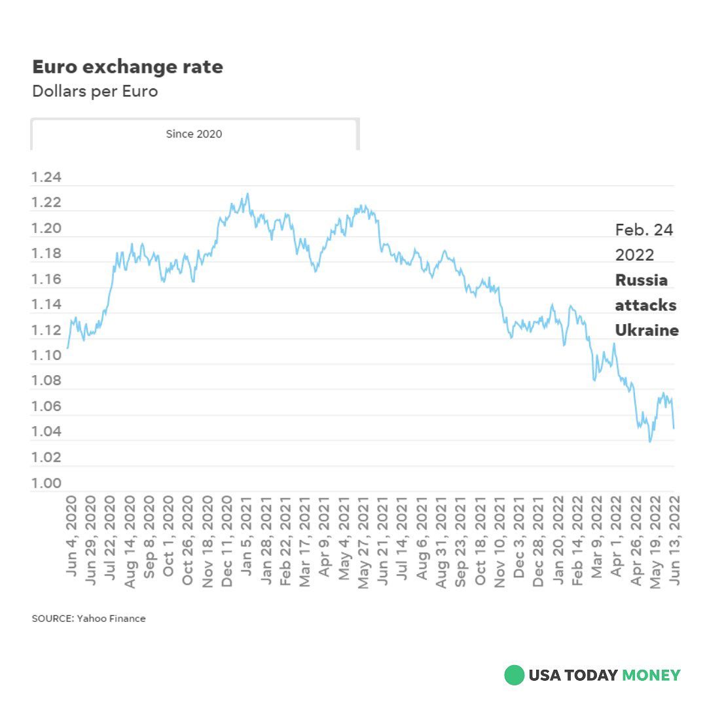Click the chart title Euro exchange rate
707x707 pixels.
[x=128, y=67]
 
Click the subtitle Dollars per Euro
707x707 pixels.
[x=95, y=91]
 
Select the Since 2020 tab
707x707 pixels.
[x=194, y=134]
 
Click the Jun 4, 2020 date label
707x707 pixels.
[x=72, y=535]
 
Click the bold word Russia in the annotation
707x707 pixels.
[x=642, y=280]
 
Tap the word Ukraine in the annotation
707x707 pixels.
[x=647, y=330]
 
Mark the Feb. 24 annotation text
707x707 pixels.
[x=644, y=230]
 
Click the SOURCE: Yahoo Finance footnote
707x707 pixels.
[x=89, y=619]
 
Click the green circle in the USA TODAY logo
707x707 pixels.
[x=514, y=675]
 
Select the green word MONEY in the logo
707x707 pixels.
[x=651, y=675]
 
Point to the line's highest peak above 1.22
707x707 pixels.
[x=247, y=194]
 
